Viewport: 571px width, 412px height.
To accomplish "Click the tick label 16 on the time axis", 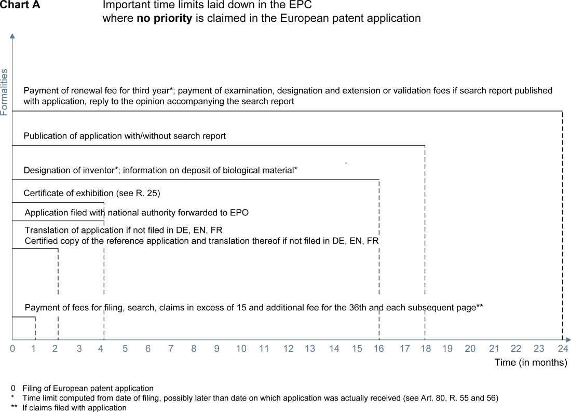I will click(x=379, y=349).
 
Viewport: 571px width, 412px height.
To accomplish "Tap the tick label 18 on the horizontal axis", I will click(x=426, y=349).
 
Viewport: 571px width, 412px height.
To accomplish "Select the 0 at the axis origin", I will click(x=12, y=349).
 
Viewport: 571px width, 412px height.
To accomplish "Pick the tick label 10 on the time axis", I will click(x=241, y=349).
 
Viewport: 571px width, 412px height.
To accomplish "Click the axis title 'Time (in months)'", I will click(x=531, y=362).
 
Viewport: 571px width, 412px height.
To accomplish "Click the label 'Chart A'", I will click(x=20, y=6).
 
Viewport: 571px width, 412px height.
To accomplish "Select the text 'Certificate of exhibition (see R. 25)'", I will click(x=92, y=193).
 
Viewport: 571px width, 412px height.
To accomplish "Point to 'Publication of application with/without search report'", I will click(x=125, y=136).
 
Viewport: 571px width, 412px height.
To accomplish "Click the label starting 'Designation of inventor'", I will click(x=160, y=170).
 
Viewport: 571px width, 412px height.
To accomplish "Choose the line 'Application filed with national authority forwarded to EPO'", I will click(x=140, y=212).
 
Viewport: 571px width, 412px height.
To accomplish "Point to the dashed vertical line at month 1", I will click(x=35, y=328).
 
